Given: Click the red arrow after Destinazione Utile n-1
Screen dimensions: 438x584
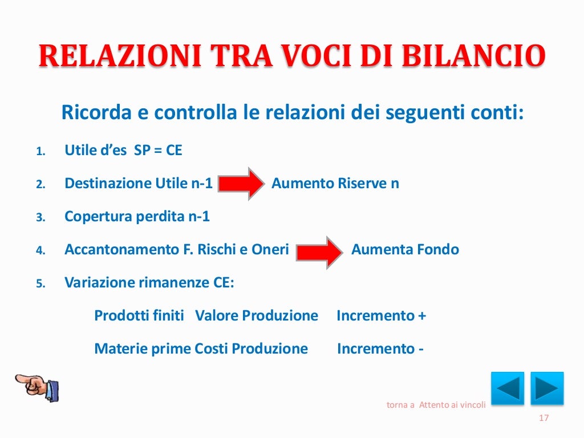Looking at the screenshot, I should coord(241,184).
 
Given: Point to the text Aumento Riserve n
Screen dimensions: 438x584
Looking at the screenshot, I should coord(335,184).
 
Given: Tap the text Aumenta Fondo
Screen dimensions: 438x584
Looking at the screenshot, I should coord(405,250).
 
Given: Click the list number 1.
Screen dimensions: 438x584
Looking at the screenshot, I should coord(40,152).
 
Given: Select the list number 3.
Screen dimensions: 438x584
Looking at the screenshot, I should coord(40,218).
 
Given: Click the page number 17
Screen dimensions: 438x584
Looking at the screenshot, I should coord(544,419).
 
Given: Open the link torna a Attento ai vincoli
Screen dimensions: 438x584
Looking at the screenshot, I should coord(436,405).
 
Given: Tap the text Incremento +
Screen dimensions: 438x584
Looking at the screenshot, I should coord(381,316).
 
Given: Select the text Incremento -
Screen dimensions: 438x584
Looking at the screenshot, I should coord(380,349).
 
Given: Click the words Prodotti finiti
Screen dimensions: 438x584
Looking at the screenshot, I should coord(139,316).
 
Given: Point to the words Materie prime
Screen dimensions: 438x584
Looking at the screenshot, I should coord(143,349).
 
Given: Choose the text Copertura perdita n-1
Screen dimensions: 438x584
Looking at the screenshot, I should coord(137,217).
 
